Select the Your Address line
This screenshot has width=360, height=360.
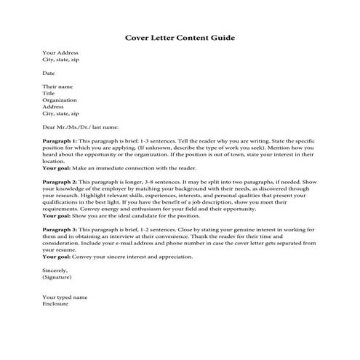pyautogui.click(x=60, y=53)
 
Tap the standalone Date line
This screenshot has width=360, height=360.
pyautogui.click(x=49, y=73)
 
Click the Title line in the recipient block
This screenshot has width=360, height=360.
pyautogui.click(x=49, y=94)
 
